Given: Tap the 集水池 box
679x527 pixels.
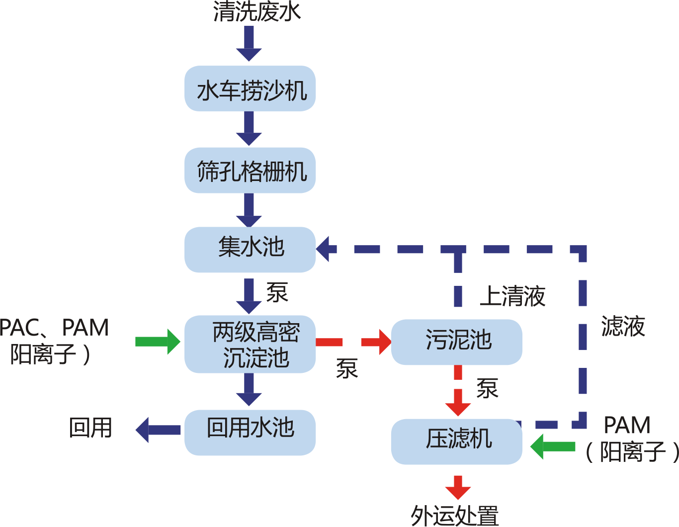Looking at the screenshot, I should coord(250,249).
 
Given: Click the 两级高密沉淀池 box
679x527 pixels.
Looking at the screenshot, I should coord(250,344).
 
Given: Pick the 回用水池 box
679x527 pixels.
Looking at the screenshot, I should coord(250,432).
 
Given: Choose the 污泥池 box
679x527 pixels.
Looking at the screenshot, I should coord(456,342).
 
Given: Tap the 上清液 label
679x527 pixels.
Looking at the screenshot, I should coord(512,296).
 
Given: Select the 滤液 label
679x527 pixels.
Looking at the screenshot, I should coord(623,326).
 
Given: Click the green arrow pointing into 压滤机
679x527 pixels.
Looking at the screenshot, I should coord(552,445).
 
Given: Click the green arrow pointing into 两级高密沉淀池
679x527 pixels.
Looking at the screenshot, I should coord(158,342).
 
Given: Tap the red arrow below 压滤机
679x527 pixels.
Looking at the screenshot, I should coord(458,488).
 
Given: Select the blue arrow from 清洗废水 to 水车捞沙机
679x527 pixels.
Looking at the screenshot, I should coord(249,44).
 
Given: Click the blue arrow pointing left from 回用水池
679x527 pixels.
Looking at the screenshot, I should coord(158,430).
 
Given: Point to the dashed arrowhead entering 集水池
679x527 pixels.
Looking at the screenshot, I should coord(326,248).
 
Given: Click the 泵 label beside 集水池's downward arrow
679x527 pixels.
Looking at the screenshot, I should coord(277,293).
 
